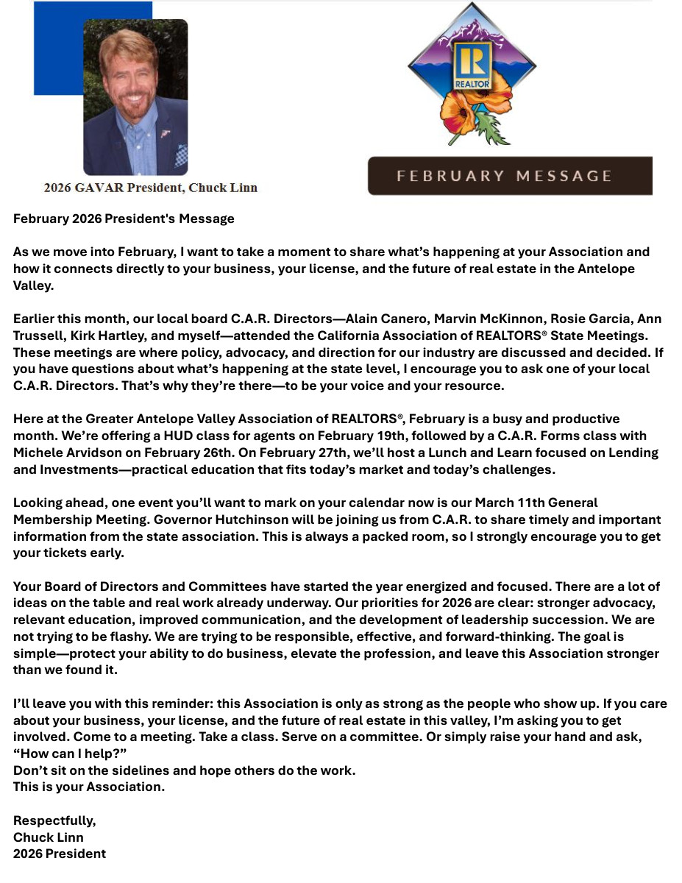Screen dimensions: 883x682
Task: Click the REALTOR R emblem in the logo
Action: click(x=472, y=65)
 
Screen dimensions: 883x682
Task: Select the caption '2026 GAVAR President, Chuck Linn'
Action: click(x=150, y=188)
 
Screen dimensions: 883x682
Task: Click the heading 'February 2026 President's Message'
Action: click(x=124, y=219)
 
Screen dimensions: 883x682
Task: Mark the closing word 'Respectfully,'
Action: click(x=54, y=820)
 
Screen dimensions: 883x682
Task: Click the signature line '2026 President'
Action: click(x=60, y=854)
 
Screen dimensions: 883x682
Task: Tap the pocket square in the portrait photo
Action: click(x=180, y=155)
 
